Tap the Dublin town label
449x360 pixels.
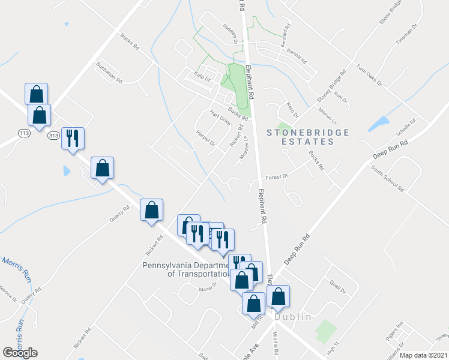coord(294,317)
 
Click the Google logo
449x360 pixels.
coord(20,352)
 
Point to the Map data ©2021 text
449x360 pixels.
coord(423,355)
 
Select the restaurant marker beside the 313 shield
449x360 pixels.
coord(73,139)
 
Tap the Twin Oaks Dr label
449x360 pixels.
coord(369,76)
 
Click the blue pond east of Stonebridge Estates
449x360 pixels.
coord(379,124)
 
